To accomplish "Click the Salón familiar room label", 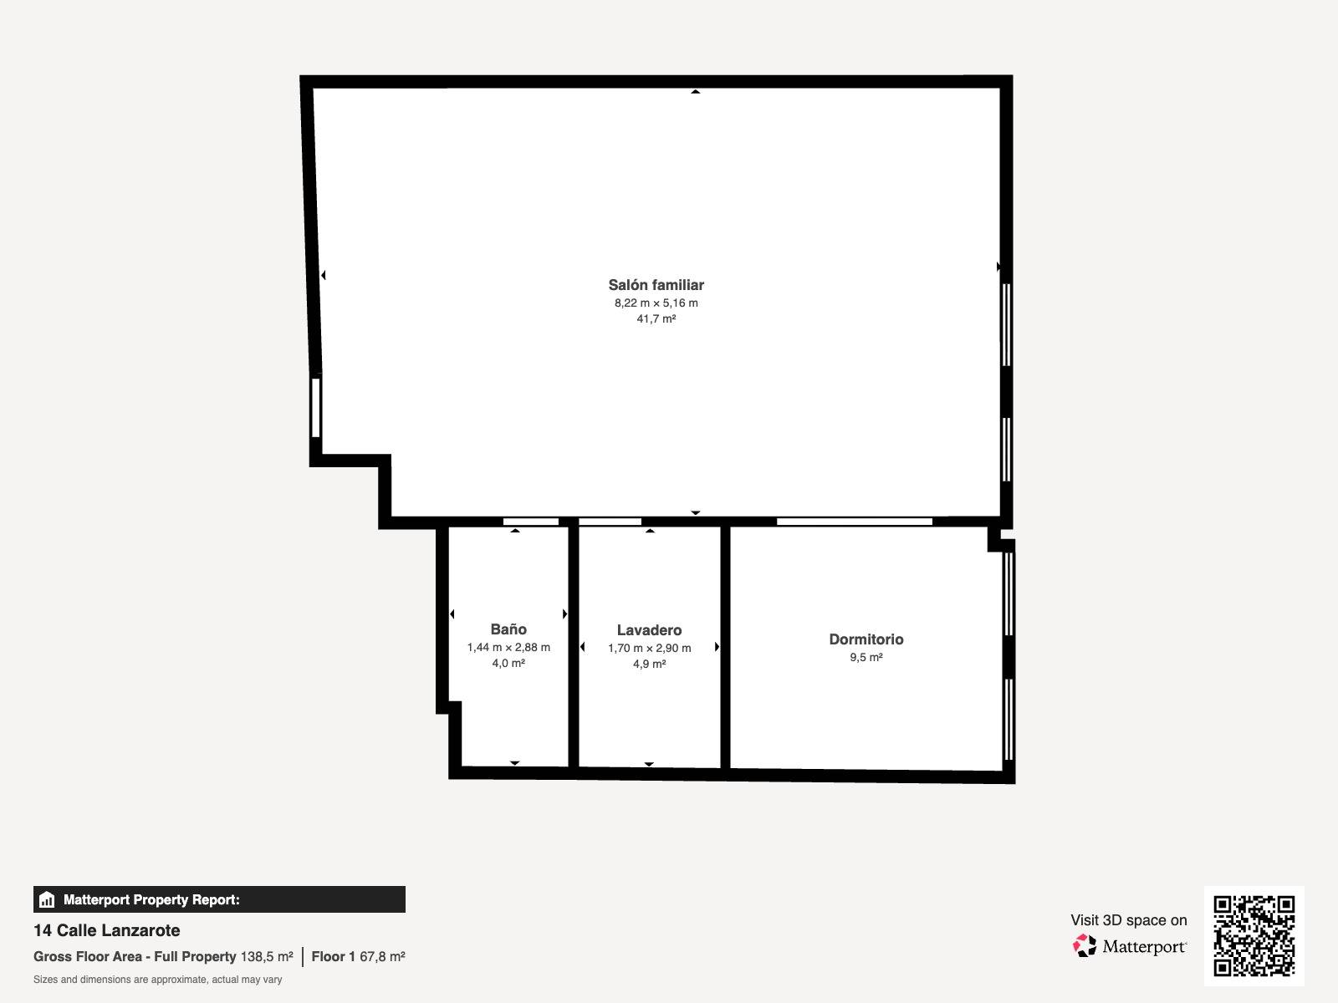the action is click(656, 285).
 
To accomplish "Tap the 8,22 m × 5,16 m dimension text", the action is click(656, 303).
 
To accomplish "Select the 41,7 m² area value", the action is click(656, 318).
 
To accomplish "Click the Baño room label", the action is click(508, 629).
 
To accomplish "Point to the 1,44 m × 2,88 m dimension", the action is click(508, 647).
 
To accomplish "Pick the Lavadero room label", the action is click(649, 630).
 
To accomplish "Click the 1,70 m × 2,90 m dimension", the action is click(649, 649).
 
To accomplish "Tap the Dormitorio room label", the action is click(866, 639).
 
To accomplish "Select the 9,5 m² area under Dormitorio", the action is click(866, 657).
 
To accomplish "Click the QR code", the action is click(1254, 935).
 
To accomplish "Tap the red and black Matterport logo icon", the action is click(1085, 946).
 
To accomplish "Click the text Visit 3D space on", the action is click(1129, 920).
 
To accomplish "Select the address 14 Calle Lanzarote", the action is click(107, 930).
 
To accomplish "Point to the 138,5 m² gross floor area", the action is click(267, 957).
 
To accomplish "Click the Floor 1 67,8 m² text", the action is click(359, 957).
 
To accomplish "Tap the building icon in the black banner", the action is click(47, 899).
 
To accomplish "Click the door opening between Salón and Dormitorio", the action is click(855, 522).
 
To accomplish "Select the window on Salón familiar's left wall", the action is click(316, 408).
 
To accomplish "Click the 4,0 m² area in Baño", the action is click(508, 663).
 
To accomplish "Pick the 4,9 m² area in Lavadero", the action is click(649, 664).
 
